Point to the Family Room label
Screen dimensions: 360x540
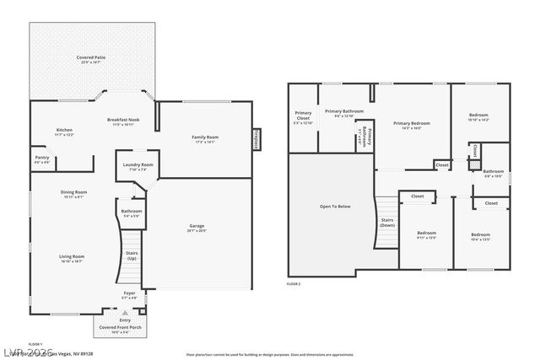tap(205, 139)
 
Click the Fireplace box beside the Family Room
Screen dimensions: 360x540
tap(256, 139)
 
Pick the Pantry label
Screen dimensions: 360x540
tap(41, 159)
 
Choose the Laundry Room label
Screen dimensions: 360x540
tap(137, 166)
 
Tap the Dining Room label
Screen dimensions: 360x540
tap(73, 194)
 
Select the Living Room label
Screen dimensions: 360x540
tap(72, 258)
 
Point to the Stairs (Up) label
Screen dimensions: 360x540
tap(132, 255)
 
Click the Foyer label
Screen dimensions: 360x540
tap(129, 294)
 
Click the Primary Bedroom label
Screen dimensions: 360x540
tap(412, 125)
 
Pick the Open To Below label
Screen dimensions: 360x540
tap(335, 206)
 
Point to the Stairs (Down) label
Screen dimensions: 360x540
tap(387, 223)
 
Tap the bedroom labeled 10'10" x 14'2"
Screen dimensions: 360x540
tap(478, 117)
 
